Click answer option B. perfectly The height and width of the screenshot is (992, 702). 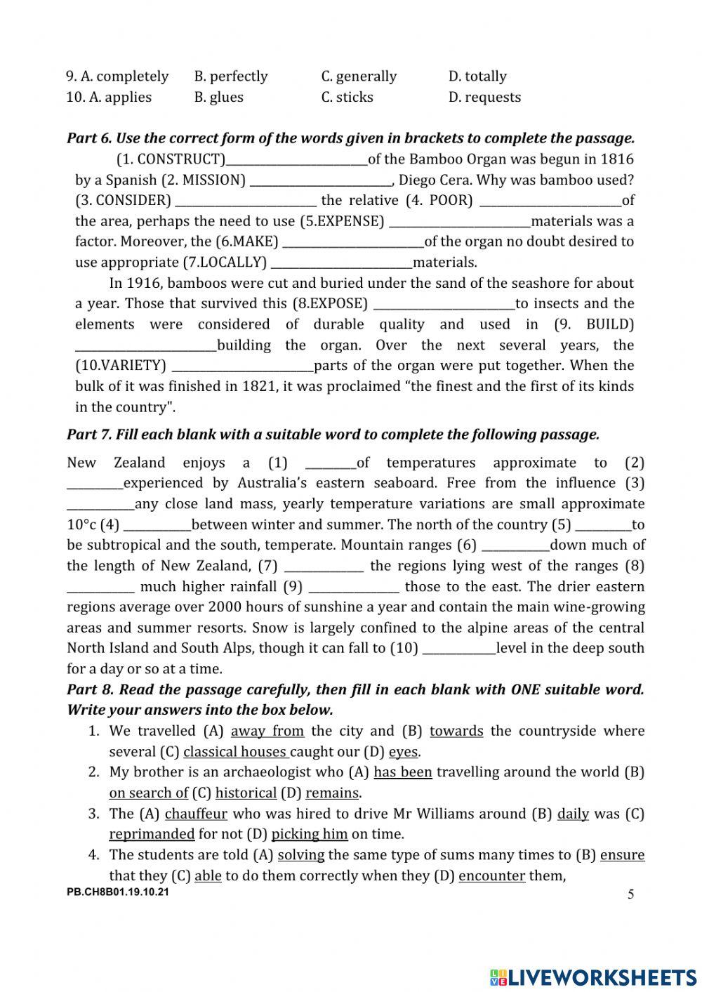pyautogui.click(x=231, y=76)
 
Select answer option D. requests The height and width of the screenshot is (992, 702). pyautogui.click(x=484, y=97)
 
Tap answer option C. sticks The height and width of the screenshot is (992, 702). pyautogui.click(x=347, y=97)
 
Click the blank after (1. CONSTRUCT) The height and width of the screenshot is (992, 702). pyautogui.click(x=297, y=160)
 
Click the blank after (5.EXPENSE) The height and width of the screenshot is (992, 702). pyautogui.click(x=460, y=222)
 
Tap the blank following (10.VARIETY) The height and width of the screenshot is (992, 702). pyautogui.click(x=242, y=366)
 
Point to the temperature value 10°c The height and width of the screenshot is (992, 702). pyautogui.click(x=81, y=524)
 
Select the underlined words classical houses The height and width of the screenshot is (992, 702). pyautogui.click(x=235, y=752)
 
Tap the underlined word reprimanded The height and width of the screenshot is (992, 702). pyautogui.click(x=152, y=834)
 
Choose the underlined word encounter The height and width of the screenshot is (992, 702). pyautogui.click(x=491, y=875)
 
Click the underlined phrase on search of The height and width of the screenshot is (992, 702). pyautogui.click(x=148, y=793)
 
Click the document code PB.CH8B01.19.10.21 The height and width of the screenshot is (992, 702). pyautogui.click(x=118, y=892)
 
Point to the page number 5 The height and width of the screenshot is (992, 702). pyautogui.click(x=630, y=894)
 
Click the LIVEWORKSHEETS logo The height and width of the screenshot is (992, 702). pyautogui.click(x=592, y=977)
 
